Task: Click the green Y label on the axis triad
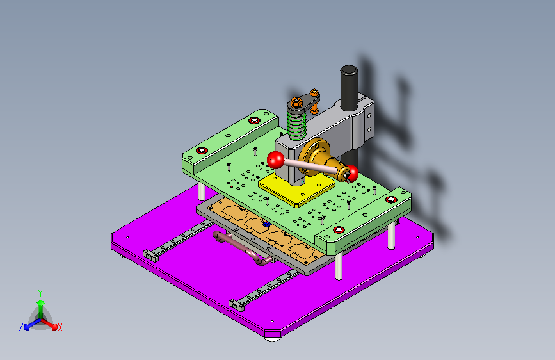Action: click(x=40, y=292)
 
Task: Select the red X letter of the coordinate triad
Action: click(x=60, y=327)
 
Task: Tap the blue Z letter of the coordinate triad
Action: click(x=21, y=327)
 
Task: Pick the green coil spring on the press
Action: click(x=296, y=122)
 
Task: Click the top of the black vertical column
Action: click(x=349, y=69)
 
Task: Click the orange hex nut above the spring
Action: click(x=295, y=101)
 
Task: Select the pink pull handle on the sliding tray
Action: click(x=241, y=248)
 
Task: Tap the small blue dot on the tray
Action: click(x=266, y=225)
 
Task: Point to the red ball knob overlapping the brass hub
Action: click(x=350, y=173)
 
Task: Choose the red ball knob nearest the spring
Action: click(x=276, y=160)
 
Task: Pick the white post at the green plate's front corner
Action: click(x=339, y=265)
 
